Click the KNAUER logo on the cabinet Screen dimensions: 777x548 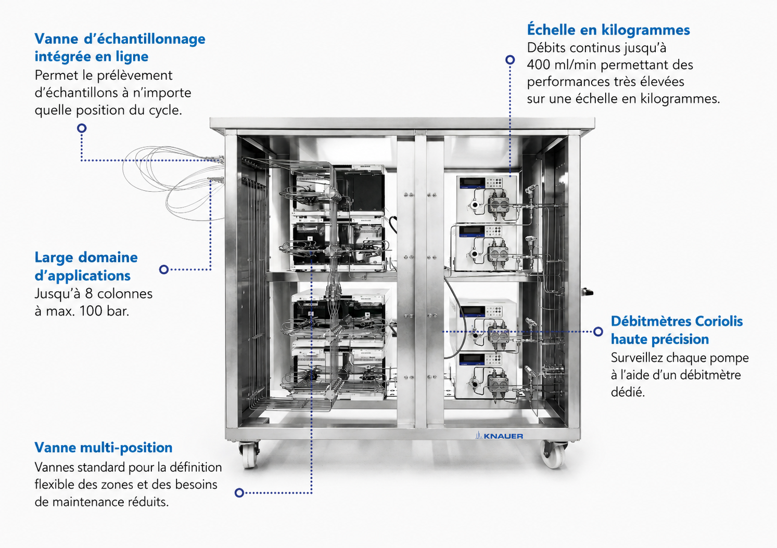point(499,435)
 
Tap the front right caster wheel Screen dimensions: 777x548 point(554,454)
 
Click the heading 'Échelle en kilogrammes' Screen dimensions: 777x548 point(608,30)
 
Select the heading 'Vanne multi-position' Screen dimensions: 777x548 point(104,448)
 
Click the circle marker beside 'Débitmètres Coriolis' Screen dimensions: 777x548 point(598,332)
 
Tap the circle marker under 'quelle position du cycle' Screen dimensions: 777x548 point(82,128)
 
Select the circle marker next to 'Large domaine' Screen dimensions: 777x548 point(164,269)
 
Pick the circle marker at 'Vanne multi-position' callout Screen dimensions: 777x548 point(239,492)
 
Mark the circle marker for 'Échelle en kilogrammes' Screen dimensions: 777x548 point(510,60)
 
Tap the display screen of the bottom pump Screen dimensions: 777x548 point(472,359)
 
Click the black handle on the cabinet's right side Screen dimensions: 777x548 point(587,292)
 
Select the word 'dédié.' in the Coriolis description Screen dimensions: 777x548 point(628,392)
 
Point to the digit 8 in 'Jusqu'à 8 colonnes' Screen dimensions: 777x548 point(89,294)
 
